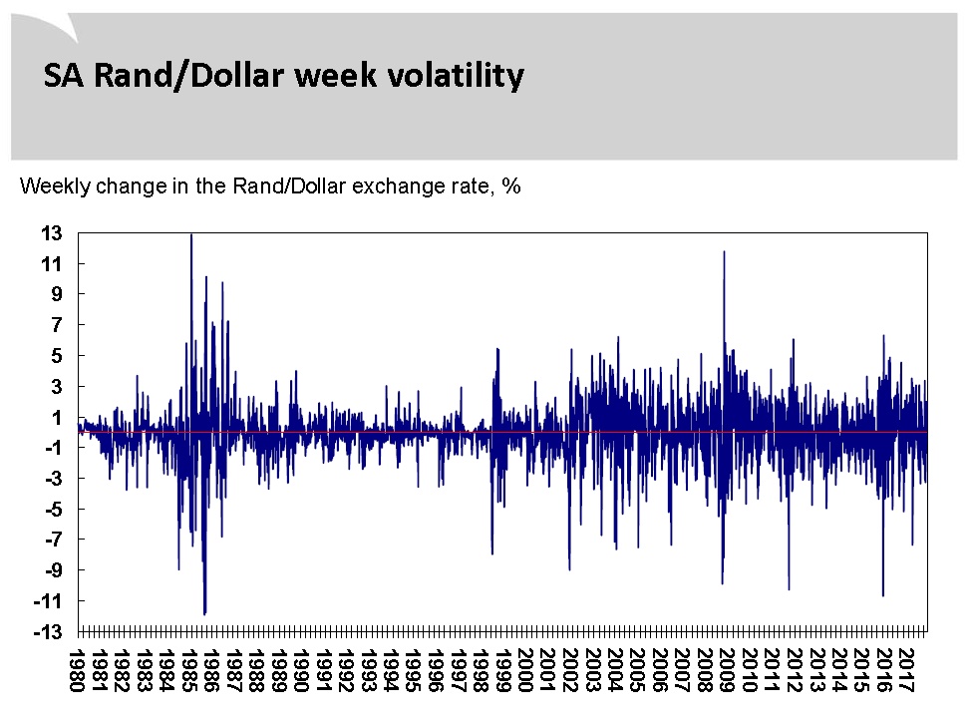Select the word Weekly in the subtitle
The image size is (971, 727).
pyautogui.click(x=55, y=186)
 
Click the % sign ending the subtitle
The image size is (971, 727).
pyautogui.click(x=510, y=185)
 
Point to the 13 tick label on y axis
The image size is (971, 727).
pyautogui.click(x=52, y=233)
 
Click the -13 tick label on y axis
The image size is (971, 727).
pyautogui.click(x=48, y=632)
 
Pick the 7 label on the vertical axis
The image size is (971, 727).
pyautogui.click(x=57, y=324)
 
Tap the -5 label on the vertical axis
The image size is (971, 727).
pyautogui.click(x=54, y=509)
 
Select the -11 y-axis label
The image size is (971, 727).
pyautogui.click(x=48, y=600)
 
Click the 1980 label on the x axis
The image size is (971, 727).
pyautogui.click(x=77, y=670)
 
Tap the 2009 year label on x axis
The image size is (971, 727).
pyautogui.click(x=727, y=670)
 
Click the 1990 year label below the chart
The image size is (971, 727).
pyautogui.click(x=301, y=670)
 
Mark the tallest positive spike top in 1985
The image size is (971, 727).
pyautogui.click(x=191, y=234)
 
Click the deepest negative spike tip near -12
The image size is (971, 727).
pyautogui.click(x=204, y=613)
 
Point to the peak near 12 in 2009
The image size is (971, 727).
pyautogui.click(x=724, y=251)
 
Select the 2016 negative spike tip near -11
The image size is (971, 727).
pyautogui.click(x=883, y=595)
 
